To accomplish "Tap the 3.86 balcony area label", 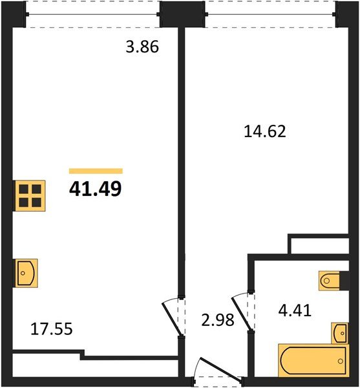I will click(x=141, y=47).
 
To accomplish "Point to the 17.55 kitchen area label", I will click(x=52, y=329).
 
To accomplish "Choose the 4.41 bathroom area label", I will click(x=295, y=311).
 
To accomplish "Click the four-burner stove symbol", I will click(x=30, y=194).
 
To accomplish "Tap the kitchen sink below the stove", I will click(x=26, y=272).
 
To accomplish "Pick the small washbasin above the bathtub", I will click(x=339, y=332).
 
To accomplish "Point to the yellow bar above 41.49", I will click(x=95, y=171).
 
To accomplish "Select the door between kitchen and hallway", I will click(x=174, y=317).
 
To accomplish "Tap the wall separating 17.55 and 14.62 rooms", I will click(x=182, y=162).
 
